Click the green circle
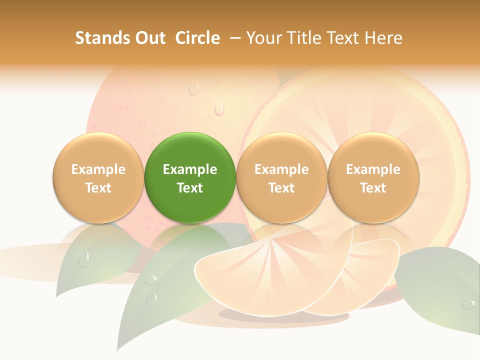pyautogui.click(x=190, y=177)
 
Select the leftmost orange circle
pyautogui.click(x=98, y=177)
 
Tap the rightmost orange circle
pyautogui.click(x=373, y=177)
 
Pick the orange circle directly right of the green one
pyautogui.click(x=281, y=177)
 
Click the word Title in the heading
pyautogui.click(x=307, y=38)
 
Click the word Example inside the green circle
pyautogui.click(x=190, y=169)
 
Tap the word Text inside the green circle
pyautogui.click(x=190, y=188)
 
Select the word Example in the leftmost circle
pyautogui.click(x=98, y=169)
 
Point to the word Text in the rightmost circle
pyautogui.click(x=373, y=188)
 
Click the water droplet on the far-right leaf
pyautogui.click(x=468, y=304)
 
